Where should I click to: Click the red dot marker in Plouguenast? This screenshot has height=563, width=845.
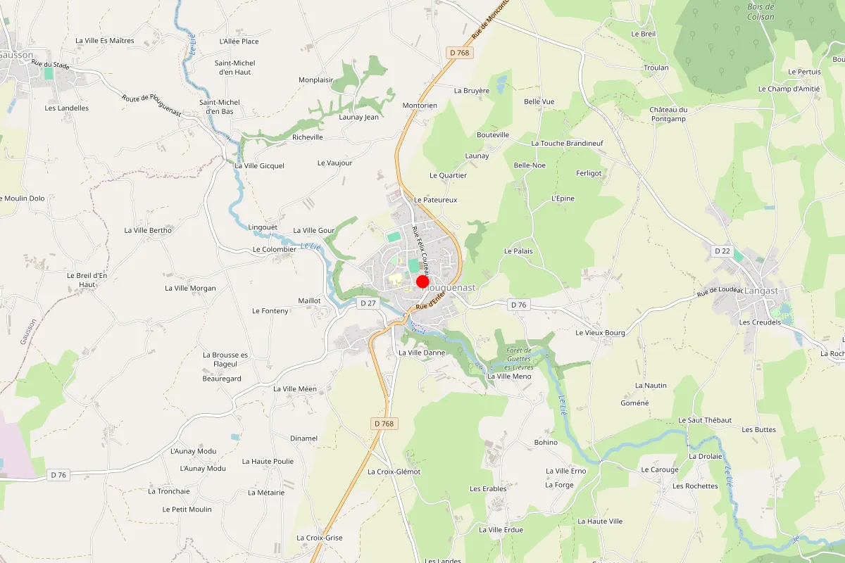(423, 281)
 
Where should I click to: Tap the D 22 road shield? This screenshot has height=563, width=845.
(722, 251)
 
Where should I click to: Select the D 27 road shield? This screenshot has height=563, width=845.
(368, 303)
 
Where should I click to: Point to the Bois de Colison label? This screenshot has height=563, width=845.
(760, 12)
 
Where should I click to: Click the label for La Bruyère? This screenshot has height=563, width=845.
(472, 90)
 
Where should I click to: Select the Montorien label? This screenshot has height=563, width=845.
(420, 106)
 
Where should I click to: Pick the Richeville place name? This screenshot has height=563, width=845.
(308, 137)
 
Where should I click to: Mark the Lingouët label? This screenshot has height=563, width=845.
(263, 227)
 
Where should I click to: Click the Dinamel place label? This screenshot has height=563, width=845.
(304, 438)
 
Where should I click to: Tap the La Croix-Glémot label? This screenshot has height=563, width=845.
(394, 472)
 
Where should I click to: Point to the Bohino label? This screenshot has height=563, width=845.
(546, 442)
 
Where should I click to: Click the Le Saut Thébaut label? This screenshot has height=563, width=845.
(700, 419)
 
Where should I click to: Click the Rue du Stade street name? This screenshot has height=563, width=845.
(51, 65)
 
